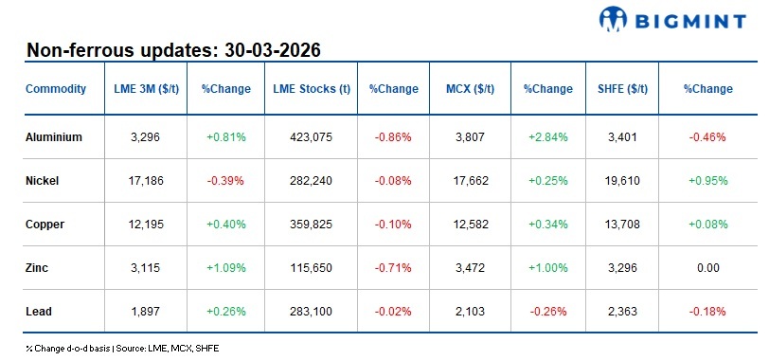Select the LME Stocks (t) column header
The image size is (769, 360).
tap(312, 89)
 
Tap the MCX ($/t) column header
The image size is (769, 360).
tap(471, 89)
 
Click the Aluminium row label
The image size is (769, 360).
tap(54, 136)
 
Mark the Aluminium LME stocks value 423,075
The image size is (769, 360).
tap(312, 136)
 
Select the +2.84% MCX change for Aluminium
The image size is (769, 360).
tap(547, 136)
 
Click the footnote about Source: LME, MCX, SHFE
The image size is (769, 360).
tap(123, 349)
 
